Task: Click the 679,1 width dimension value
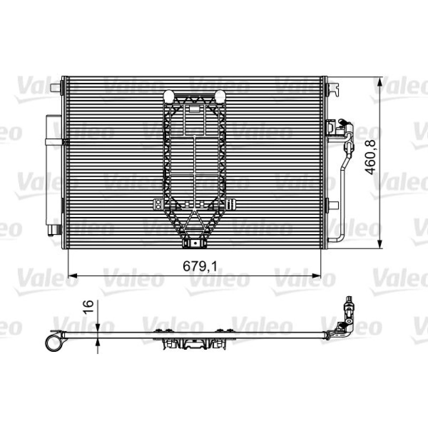(x=200, y=266)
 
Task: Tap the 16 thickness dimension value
(x=88, y=307)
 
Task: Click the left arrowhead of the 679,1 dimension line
(x=73, y=276)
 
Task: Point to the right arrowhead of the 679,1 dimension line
(x=316, y=276)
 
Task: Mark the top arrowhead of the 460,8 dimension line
(x=379, y=82)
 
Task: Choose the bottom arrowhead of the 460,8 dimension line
(x=379, y=244)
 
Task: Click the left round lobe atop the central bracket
(x=169, y=96)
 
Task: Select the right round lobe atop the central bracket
(x=220, y=96)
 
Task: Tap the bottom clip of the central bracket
(x=194, y=243)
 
